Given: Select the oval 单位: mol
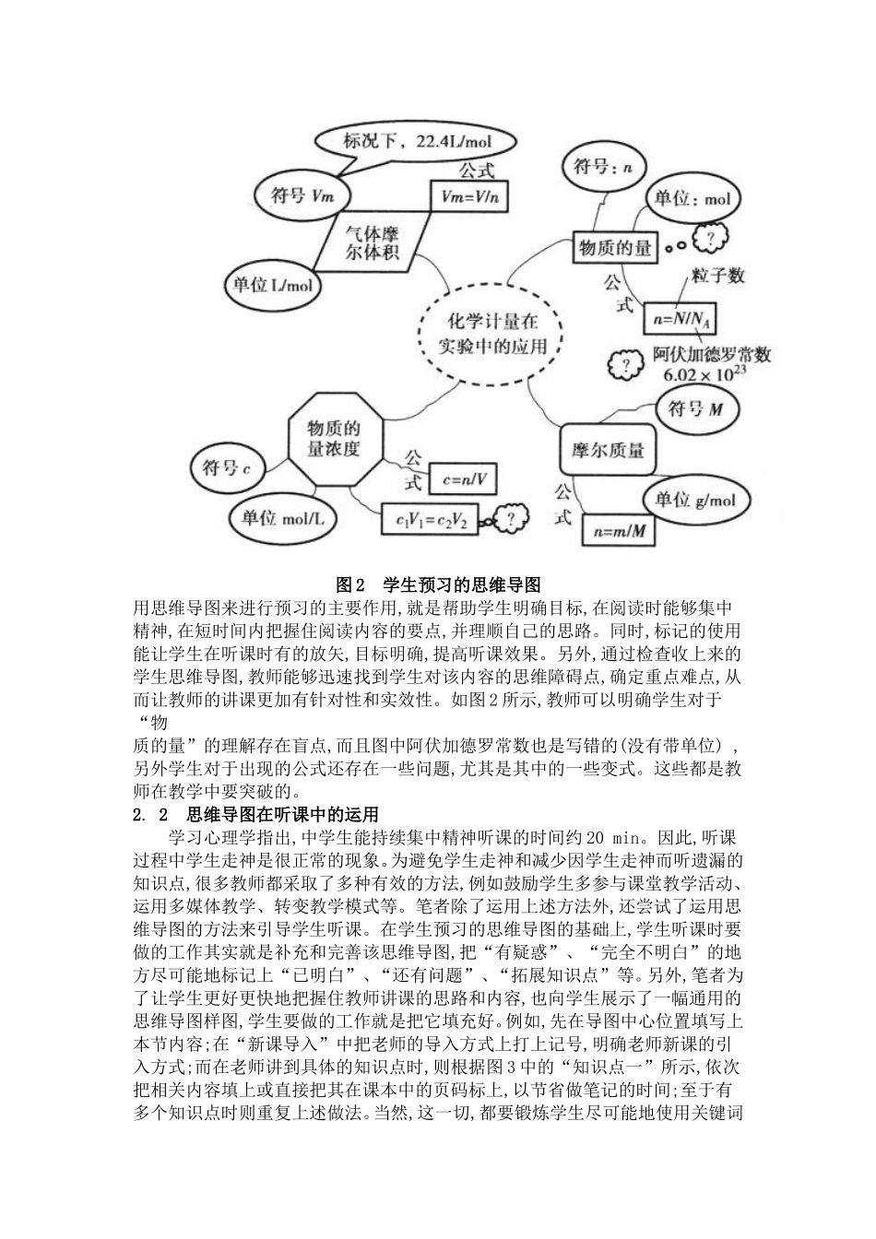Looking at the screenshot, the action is pos(692,199).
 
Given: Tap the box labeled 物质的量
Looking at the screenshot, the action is pos(615,247).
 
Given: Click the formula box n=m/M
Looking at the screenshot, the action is pos(620,530).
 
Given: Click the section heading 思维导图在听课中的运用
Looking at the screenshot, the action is pos(282,814).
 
